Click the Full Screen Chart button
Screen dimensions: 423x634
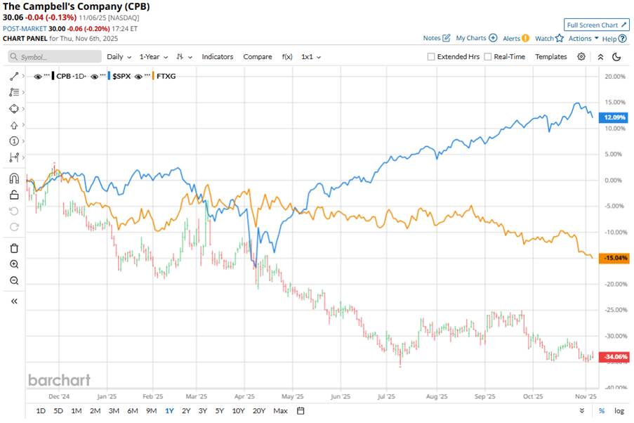[x=597, y=25]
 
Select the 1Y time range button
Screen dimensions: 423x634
[x=169, y=410]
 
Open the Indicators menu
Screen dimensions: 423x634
[x=218, y=57]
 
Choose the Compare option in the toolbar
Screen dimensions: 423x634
[x=258, y=57]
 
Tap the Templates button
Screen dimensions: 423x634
[x=550, y=57]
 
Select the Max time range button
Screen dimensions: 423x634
[x=280, y=410]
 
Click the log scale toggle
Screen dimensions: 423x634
[x=619, y=410]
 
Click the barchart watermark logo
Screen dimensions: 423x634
[x=59, y=380]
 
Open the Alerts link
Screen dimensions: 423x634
[x=511, y=39]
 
